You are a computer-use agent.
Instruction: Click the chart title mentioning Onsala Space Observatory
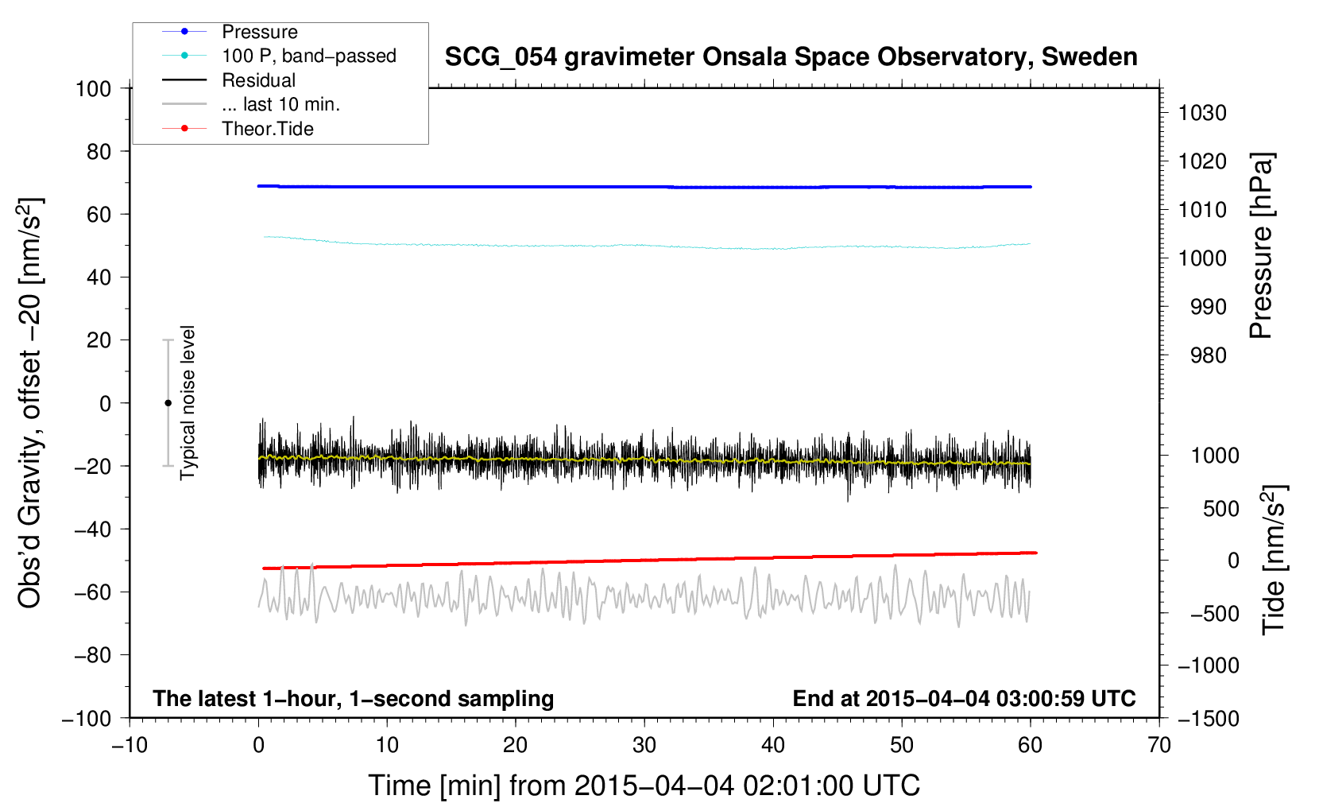tap(791, 57)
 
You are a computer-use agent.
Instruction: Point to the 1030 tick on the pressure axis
tap(1202, 113)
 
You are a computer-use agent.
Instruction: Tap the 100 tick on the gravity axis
tap(93, 89)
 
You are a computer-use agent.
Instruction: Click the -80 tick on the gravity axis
tap(92, 655)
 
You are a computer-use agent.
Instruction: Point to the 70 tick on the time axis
tap(1159, 745)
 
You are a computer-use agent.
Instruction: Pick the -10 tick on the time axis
tap(130, 745)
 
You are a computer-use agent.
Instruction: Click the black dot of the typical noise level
tap(168, 403)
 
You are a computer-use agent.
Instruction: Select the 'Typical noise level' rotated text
tap(187, 402)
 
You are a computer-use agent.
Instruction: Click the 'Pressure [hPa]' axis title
tap(1261, 246)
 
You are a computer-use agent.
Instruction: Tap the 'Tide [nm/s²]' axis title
tap(1274, 560)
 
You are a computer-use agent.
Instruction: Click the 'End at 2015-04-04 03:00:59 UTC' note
tap(964, 698)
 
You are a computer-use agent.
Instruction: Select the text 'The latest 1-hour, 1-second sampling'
tap(354, 698)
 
